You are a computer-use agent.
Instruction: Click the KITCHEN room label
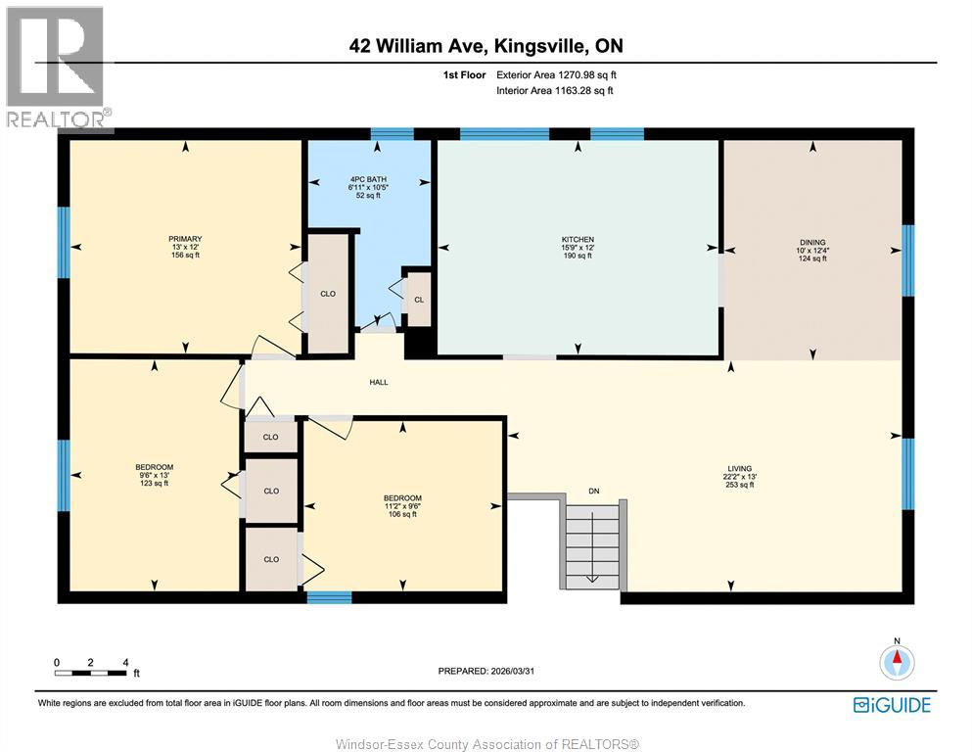tap(578, 240)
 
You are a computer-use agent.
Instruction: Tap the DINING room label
tap(812, 243)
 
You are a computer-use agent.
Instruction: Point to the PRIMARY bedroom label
tap(185, 239)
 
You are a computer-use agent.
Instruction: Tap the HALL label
tap(379, 382)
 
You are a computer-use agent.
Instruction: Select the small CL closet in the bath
tap(418, 299)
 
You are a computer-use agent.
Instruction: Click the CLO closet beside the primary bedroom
tap(328, 293)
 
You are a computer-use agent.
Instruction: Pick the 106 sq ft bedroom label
tap(402, 498)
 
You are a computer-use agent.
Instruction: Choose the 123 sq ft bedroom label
tap(155, 467)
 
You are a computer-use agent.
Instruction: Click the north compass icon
tap(895, 662)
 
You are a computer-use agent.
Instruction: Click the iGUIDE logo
tap(892, 705)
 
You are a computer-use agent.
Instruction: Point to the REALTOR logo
tap(57, 68)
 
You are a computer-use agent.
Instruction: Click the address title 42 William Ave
tap(486, 46)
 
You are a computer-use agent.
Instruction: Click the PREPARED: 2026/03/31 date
tap(486, 671)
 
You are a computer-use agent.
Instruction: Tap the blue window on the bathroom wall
tap(392, 134)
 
